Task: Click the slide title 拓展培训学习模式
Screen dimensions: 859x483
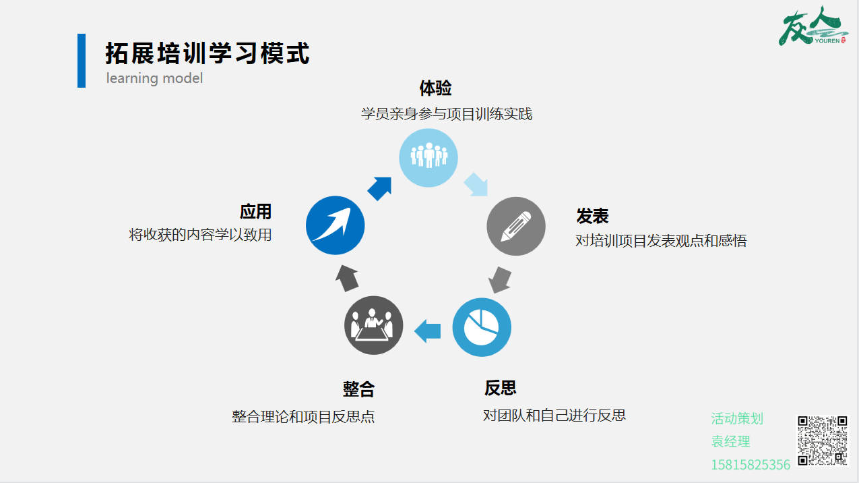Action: click(207, 53)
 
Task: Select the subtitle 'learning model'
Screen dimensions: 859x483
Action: click(154, 78)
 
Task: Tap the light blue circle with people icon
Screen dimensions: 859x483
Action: click(428, 158)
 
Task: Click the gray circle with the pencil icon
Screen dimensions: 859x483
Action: click(516, 226)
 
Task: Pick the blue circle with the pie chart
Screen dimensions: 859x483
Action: click(482, 327)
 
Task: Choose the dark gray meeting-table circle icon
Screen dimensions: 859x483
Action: click(373, 325)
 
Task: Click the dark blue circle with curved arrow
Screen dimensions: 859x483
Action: click(335, 225)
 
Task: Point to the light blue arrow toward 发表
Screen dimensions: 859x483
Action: click(476, 185)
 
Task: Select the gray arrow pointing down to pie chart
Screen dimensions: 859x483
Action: click(500, 280)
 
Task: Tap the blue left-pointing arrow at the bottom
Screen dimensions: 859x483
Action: click(427, 331)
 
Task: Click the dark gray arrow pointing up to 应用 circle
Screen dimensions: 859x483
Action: click(347, 278)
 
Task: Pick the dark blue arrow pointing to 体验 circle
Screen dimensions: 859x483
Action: click(379, 188)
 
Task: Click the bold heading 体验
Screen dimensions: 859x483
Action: click(435, 88)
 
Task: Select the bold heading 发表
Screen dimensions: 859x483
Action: click(592, 216)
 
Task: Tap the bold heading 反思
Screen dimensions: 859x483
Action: click(500, 388)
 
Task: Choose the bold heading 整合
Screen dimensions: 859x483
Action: click(358, 389)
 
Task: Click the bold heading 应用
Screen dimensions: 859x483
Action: click(255, 212)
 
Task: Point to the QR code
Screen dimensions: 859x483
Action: click(823, 441)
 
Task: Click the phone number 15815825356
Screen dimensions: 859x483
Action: click(751, 465)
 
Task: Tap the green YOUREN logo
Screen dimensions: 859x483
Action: click(813, 26)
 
